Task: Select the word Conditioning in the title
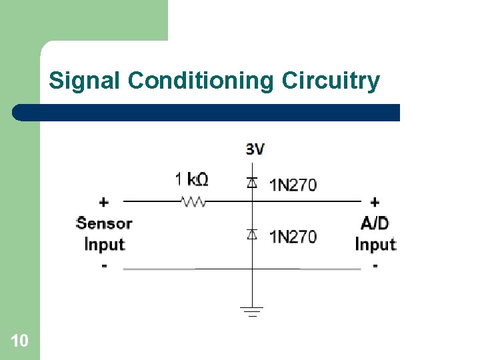tap(201, 81)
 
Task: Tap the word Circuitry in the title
tap(331, 81)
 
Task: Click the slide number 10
tap(19, 341)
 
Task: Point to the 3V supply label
tap(255, 149)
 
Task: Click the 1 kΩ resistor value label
tap(191, 179)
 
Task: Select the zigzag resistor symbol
tap(193, 201)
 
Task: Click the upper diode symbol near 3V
tap(252, 183)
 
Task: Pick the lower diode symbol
tap(252, 234)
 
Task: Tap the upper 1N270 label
tap(293, 185)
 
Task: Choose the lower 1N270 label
tap(293, 237)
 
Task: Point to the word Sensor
tap(105, 223)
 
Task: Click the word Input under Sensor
tap(105, 244)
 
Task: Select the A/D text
tap(375, 223)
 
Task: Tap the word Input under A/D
tap(375, 244)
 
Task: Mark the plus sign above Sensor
tap(104, 201)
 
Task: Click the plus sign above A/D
tap(375, 201)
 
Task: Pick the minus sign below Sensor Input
tap(104, 266)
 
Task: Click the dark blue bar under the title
tap(207, 112)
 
